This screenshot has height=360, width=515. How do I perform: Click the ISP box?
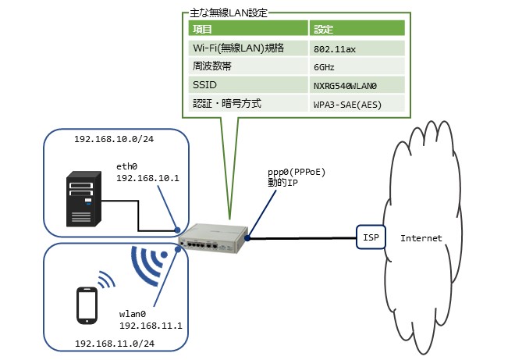pyautogui.click(x=371, y=237)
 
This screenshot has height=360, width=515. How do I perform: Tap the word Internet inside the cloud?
pyautogui.click(x=421, y=237)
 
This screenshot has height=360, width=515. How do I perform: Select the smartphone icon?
pyautogui.click(x=86, y=304)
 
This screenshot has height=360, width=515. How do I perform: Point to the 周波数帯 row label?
pyautogui.click(x=209, y=66)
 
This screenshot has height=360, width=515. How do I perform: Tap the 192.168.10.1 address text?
pyautogui.click(x=147, y=177)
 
